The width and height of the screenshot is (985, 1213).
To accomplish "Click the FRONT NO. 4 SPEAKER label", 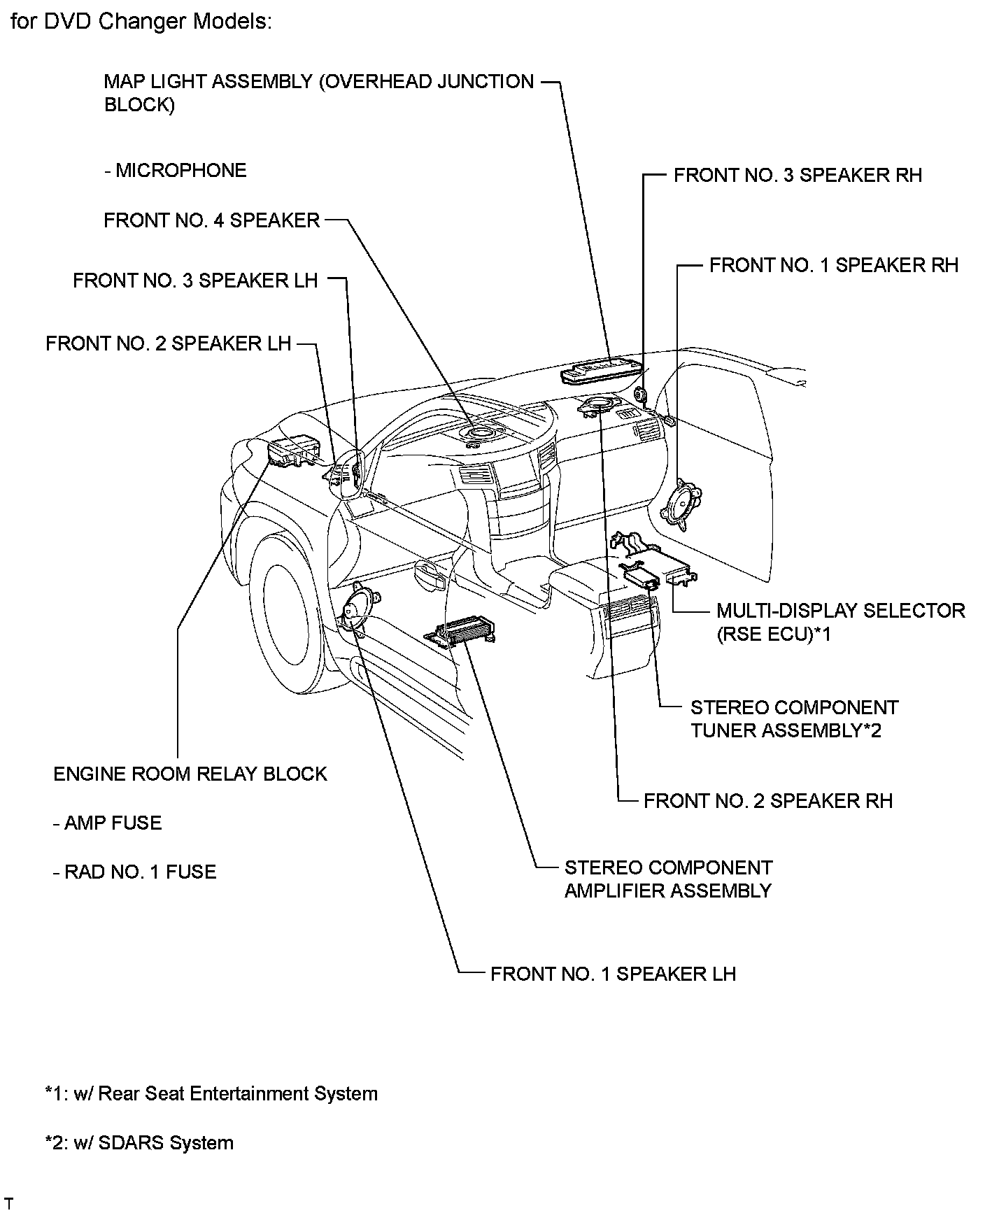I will click(211, 220).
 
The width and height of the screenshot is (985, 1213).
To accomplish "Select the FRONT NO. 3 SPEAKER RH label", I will click(798, 175).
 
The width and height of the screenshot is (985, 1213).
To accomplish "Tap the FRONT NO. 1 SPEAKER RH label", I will click(833, 265).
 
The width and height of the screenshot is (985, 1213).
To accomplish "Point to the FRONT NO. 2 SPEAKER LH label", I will click(168, 343).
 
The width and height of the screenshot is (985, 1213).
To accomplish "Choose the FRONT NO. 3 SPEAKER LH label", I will click(195, 281).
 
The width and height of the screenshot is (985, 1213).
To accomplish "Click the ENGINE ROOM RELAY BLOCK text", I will click(190, 774).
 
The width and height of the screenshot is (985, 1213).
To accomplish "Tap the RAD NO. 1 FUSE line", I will click(135, 872).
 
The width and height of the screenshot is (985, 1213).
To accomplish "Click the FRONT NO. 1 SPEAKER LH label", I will click(613, 974).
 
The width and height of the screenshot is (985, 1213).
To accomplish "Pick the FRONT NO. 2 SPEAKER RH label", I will click(767, 800).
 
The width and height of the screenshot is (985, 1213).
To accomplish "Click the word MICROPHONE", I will click(180, 171).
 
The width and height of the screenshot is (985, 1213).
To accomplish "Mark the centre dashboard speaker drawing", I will click(478, 436).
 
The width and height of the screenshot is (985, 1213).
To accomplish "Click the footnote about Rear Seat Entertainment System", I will click(211, 1093).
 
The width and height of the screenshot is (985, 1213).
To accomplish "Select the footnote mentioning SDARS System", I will click(139, 1142).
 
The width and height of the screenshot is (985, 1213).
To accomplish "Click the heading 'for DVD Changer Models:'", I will click(141, 22).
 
